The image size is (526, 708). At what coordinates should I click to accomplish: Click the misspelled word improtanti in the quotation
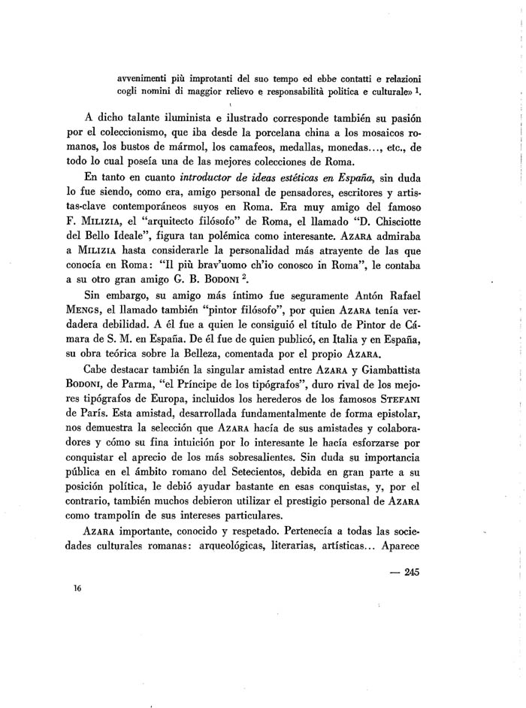[x=199, y=79]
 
